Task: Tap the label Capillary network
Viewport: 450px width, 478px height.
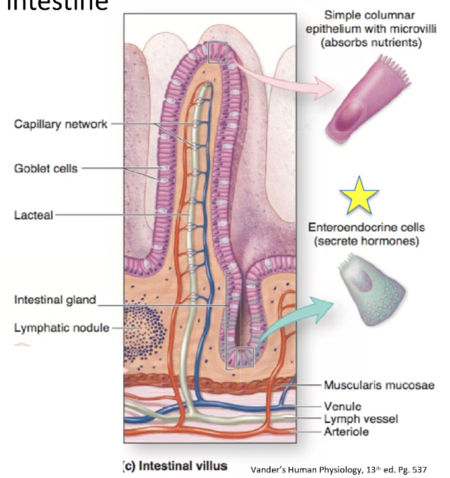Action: tap(61, 123)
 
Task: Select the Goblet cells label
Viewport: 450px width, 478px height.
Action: tap(46, 168)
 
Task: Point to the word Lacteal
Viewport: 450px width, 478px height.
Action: tap(34, 215)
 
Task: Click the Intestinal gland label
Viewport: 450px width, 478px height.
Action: tap(55, 300)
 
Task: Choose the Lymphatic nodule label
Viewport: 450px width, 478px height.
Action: tap(62, 327)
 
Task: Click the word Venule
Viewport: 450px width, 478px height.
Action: tap(343, 407)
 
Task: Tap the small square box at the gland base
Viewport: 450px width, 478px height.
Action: tap(244, 357)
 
